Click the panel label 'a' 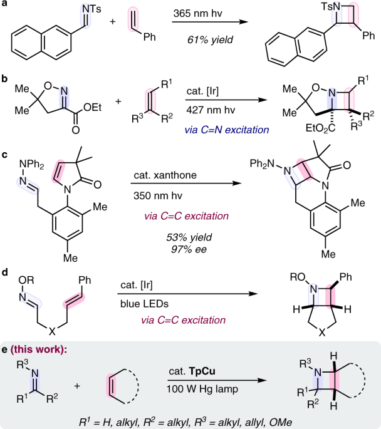point(4,6)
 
